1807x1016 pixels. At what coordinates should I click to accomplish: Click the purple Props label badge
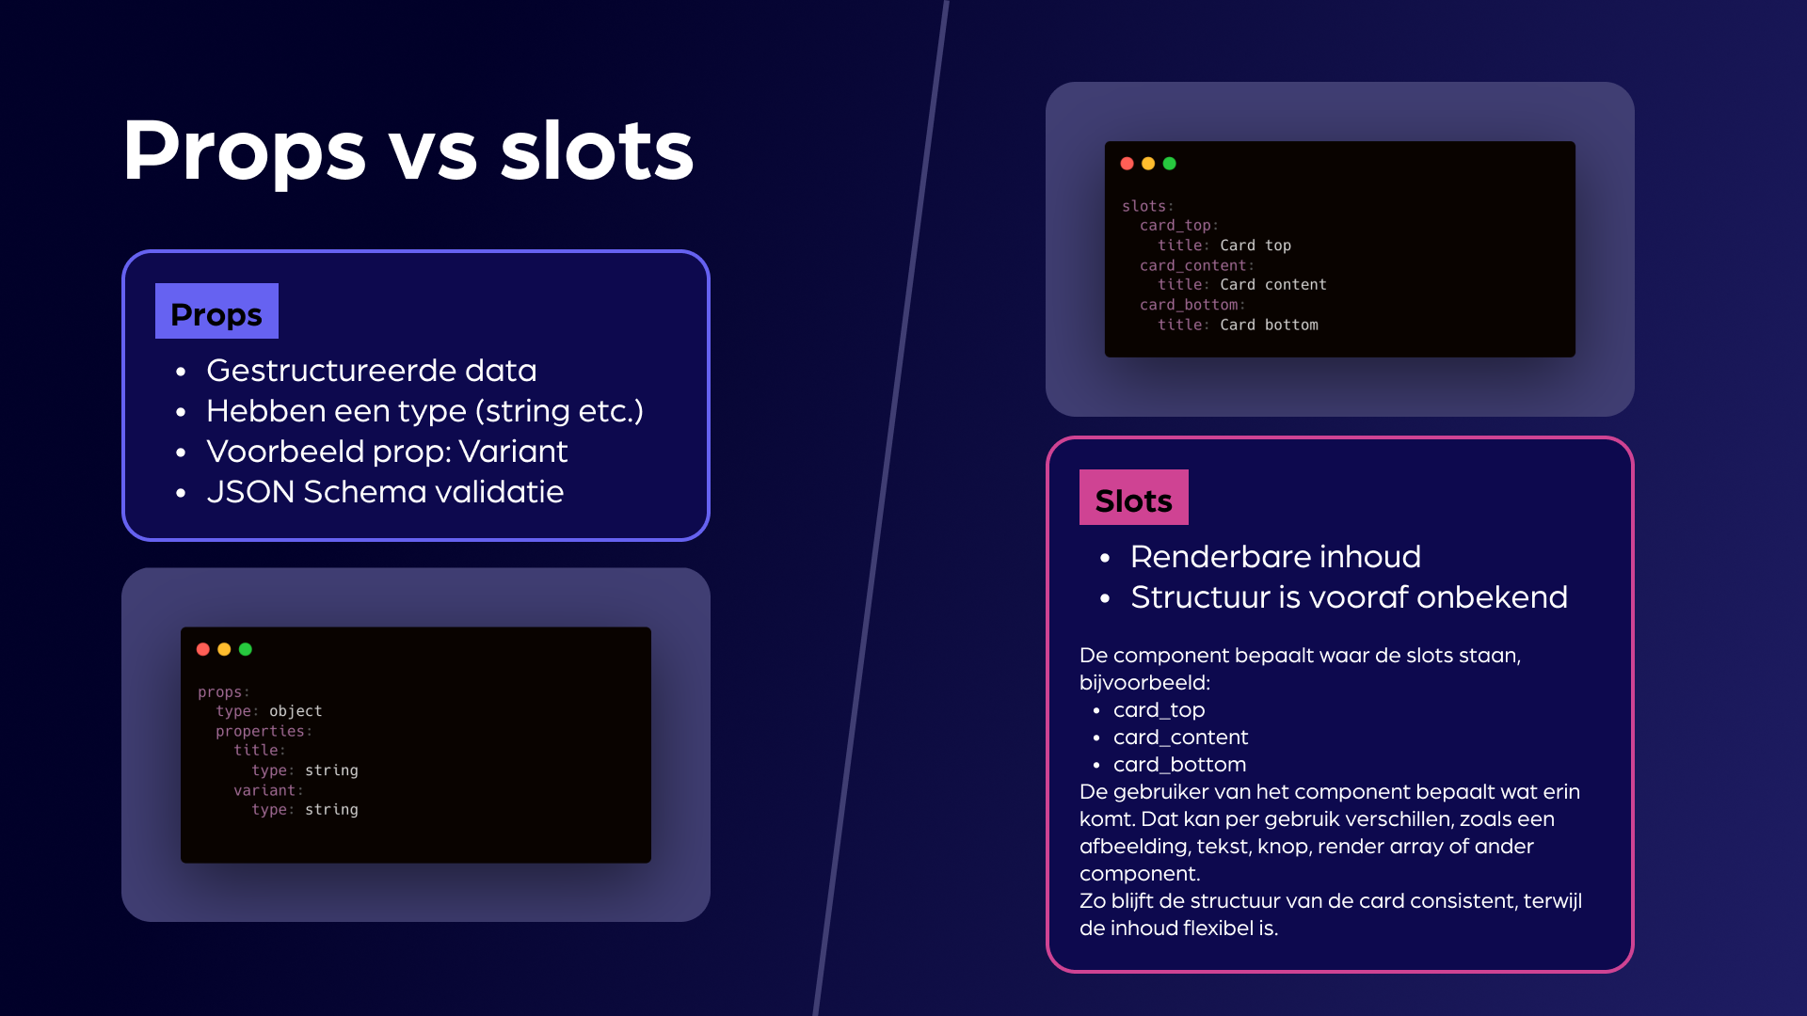tap(216, 310)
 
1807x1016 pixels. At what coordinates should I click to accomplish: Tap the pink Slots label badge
tap(1133, 497)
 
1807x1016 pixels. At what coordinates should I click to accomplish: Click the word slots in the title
tap(597, 151)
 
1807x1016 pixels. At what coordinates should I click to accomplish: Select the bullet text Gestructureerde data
tap(372, 371)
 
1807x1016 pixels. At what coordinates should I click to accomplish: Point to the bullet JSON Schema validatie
tap(385, 492)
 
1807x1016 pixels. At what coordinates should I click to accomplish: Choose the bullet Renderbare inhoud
tap(1275, 557)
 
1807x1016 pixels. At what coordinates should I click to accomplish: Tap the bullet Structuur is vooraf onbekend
tap(1349, 597)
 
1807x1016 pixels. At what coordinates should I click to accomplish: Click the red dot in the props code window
tap(202, 649)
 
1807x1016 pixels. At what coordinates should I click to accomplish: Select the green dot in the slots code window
tap(1169, 164)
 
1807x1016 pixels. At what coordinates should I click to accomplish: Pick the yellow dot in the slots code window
tap(1148, 164)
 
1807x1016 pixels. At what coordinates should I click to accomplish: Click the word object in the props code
tap(296, 711)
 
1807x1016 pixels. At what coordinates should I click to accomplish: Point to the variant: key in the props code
tap(268, 790)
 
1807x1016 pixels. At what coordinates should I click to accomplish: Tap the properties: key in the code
tap(264, 731)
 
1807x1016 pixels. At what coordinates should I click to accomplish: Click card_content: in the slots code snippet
tap(1196, 266)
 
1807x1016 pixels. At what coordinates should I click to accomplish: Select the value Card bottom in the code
tap(1269, 325)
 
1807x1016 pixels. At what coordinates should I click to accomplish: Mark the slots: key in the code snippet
tap(1147, 206)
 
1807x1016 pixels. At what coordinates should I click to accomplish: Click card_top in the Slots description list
tap(1159, 710)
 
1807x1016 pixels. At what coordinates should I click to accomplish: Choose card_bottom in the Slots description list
tap(1179, 765)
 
